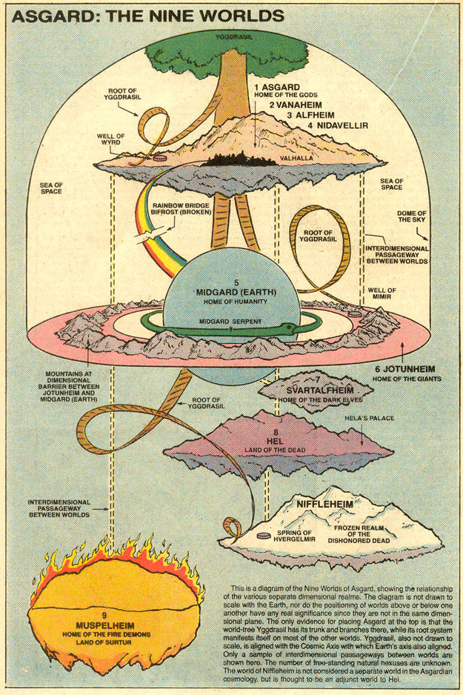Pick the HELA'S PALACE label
point(379,419)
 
